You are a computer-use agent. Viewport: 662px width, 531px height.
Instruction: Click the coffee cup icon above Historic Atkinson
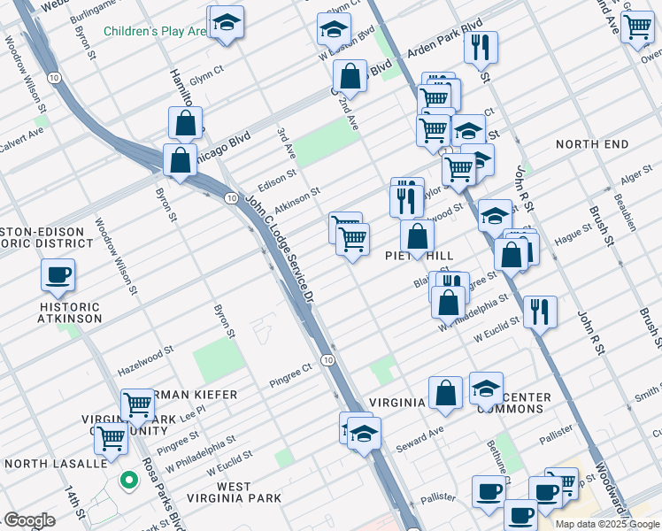point(58,274)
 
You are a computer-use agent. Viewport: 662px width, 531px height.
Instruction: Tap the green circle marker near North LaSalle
point(129,481)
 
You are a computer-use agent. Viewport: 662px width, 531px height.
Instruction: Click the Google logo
point(29,520)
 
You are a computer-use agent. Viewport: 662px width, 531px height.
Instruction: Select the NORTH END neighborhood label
point(592,144)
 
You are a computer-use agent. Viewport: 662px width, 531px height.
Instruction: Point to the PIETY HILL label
point(419,256)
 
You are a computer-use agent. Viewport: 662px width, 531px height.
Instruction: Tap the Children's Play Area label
point(154,32)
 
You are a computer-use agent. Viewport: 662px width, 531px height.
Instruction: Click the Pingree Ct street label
point(291,381)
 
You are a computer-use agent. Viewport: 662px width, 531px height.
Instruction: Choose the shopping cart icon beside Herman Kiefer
point(137,404)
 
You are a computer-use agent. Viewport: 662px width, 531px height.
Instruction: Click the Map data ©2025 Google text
point(608,524)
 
